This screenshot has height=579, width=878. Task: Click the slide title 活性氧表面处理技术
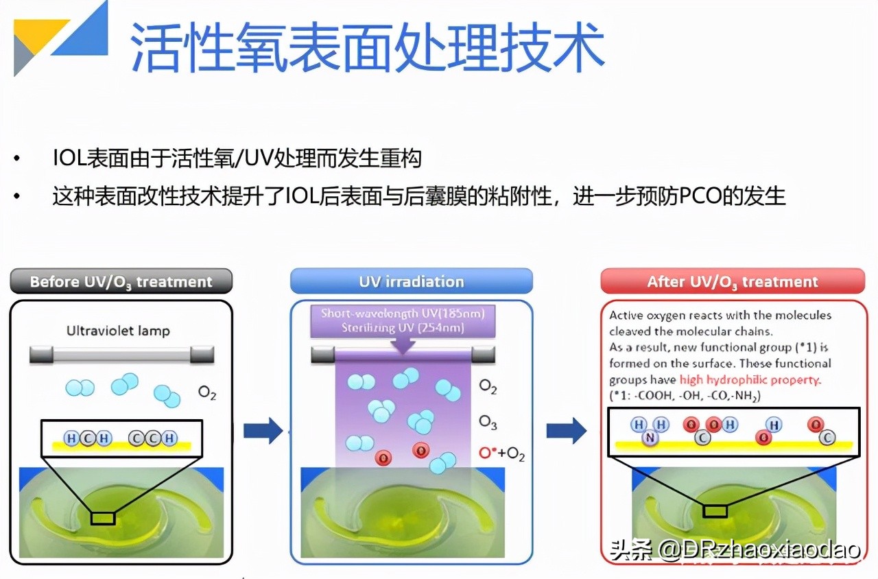point(367,46)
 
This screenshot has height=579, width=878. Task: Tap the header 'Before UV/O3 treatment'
point(121,281)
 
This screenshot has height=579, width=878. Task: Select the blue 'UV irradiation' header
point(411,281)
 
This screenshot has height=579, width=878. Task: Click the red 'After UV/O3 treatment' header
point(732,281)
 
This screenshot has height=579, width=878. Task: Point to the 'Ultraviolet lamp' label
point(118,331)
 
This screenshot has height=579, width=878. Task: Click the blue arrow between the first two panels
point(263,431)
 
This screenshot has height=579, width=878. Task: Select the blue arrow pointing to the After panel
point(566,431)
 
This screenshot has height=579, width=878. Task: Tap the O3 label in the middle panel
point(488,422)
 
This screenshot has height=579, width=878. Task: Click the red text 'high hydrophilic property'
point(750,380)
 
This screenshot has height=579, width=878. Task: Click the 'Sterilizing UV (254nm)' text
point(403,328)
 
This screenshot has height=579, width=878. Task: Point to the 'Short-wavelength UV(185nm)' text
point(403,314)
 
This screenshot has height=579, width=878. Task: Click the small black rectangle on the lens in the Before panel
point(103,518)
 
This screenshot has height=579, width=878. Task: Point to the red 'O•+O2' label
point(501,453)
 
